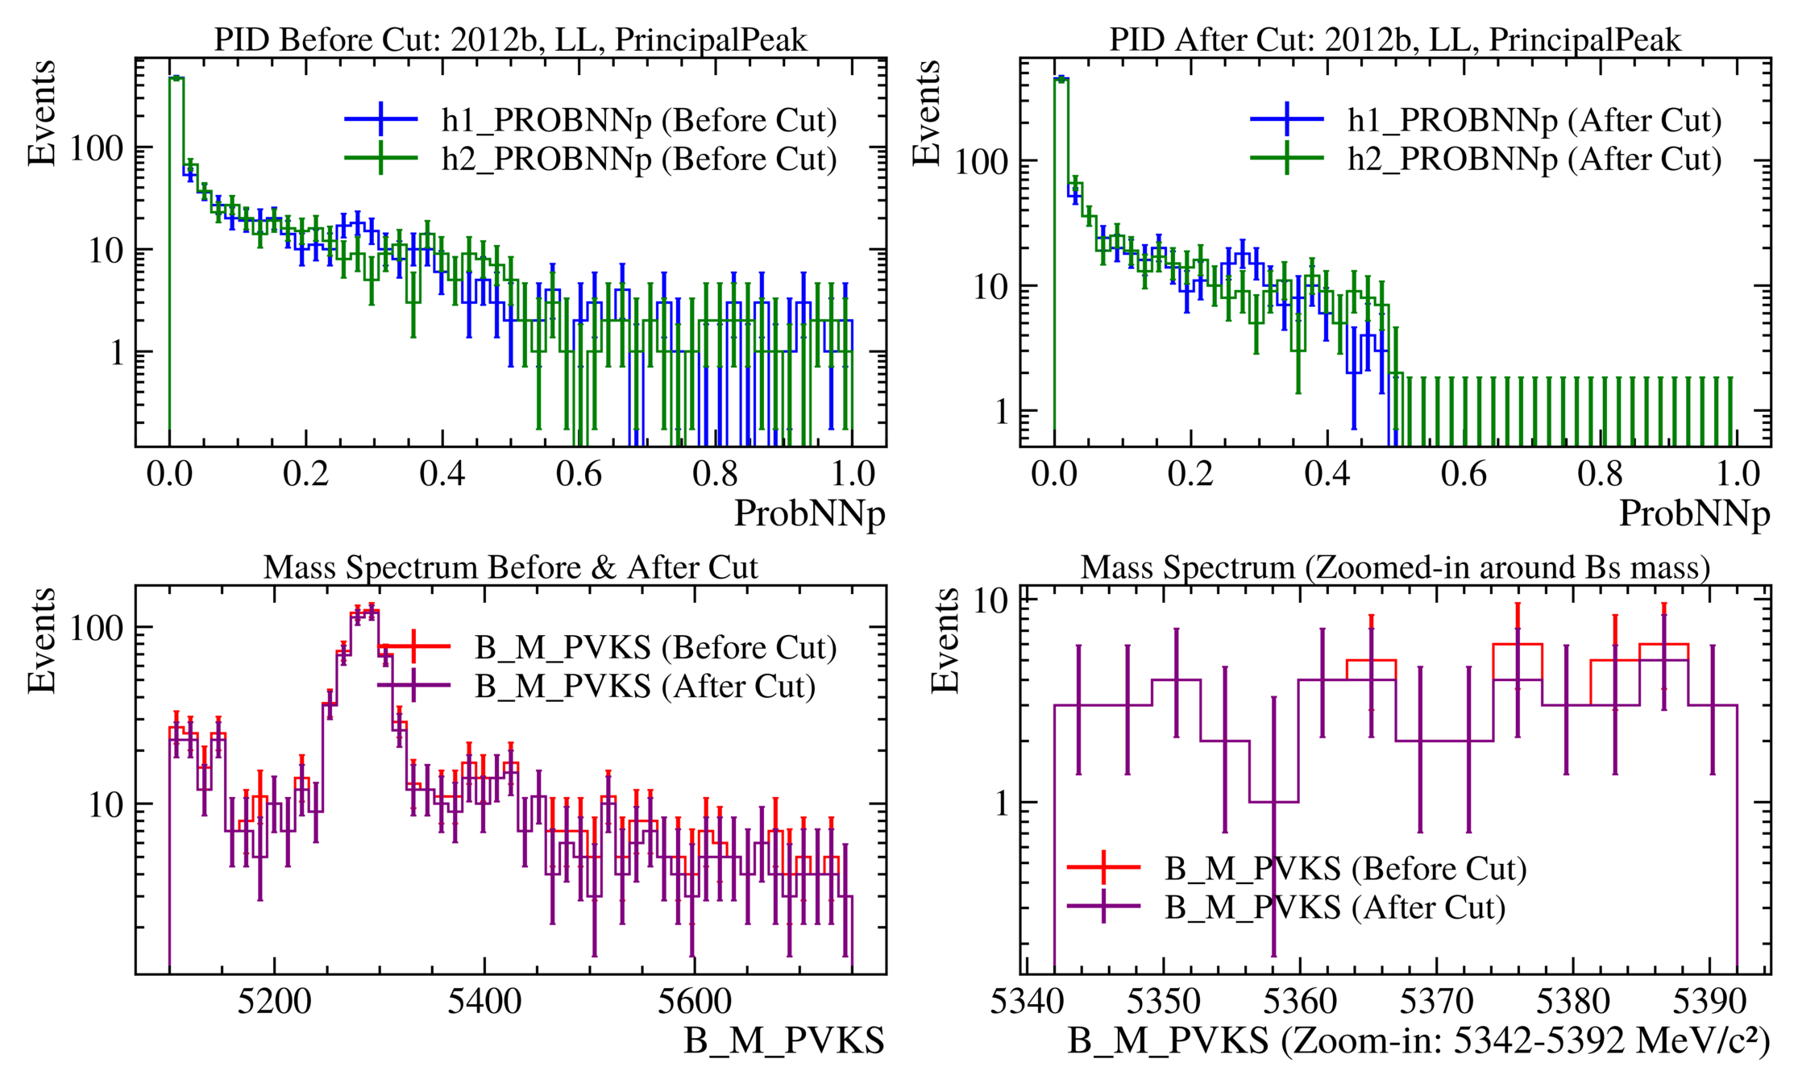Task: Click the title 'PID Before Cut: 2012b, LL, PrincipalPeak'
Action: pos(510,39)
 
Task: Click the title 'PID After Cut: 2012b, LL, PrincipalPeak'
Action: pos(1395,39)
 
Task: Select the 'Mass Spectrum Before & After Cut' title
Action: pos(510,567)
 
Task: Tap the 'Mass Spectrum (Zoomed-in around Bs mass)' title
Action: pos(1395,567)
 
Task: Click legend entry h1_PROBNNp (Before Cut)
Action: pos(638,120)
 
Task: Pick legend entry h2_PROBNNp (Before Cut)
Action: pos(638,159)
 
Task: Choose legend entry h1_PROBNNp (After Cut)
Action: pos(1534,120)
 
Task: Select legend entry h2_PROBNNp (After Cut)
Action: pos(1534,159)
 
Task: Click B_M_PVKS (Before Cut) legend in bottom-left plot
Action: pos(654,647)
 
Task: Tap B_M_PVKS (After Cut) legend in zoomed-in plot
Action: pos(1335,907)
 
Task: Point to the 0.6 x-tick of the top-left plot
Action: pos(579,474)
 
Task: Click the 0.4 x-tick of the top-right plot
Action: pos(1327,474)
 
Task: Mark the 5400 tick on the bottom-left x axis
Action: pos(484,1002)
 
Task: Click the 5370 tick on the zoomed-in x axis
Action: pos(1437,1002)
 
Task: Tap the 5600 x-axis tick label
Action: pos(694,1002)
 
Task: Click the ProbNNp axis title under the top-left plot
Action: pos(809,513)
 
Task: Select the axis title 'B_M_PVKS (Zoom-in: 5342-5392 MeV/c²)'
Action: pos(1418,1041)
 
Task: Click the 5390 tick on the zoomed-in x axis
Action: pos(1709,1002)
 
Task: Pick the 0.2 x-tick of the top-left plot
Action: pos(306,474)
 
